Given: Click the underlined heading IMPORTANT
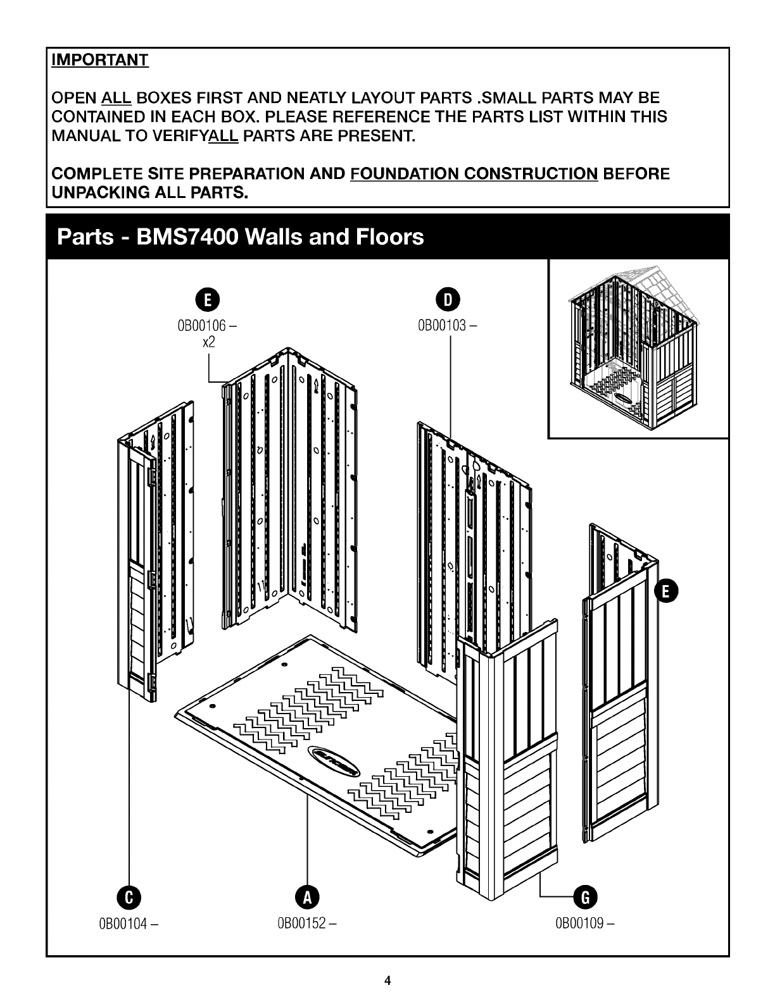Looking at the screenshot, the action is (x=100, y=60).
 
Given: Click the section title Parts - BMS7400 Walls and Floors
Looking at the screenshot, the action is (x=241, y=237).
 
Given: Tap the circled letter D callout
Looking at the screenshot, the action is (x=448, y=299).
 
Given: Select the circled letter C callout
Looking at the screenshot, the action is (x=129, y=897).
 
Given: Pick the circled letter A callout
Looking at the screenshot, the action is (x=307, y=897).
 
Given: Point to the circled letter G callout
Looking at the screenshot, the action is (x=585, y=897).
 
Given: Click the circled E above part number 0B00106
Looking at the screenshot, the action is (x=207, y=299).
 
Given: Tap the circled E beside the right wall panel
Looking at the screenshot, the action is (x=666, y=591).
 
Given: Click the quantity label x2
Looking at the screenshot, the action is (x=209, y=342).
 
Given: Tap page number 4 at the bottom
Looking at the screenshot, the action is (x=387, y=980).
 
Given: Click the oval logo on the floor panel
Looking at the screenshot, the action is (x=334, y=761).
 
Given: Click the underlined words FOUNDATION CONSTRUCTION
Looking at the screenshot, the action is (x=474, y=174).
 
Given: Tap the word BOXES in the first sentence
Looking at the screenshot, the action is (x=165, y=98).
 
